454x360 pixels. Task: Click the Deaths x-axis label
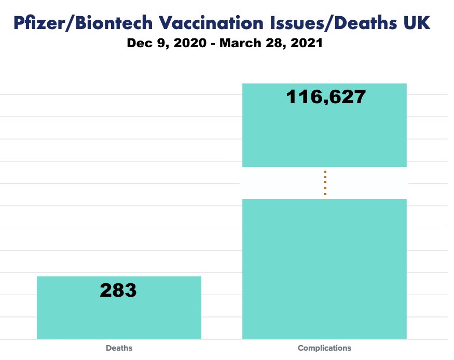tap(119, 348)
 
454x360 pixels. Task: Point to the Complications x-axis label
tap(324, 348)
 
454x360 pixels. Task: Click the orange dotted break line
tap(325, 183)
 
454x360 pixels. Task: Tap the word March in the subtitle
tap(242, 43)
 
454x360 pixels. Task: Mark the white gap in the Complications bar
tap(363, 183)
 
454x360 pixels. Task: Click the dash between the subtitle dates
tap(212, 44)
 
